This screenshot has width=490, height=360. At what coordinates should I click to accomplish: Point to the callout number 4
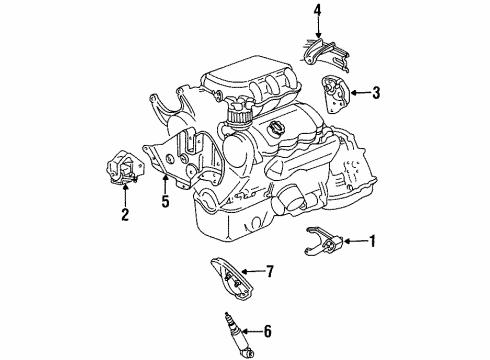point(317,12)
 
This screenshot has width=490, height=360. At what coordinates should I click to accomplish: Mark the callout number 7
point(269,270)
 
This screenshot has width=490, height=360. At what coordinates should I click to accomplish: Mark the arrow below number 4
point(317,27)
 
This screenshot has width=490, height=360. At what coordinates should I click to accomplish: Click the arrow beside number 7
point(250,270)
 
